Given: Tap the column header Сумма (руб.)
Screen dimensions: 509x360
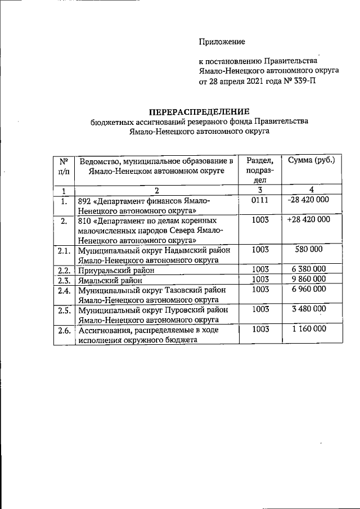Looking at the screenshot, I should (311, 160).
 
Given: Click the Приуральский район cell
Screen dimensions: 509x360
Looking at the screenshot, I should (116, 269).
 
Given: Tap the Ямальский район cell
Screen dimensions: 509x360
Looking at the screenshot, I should (111, 280).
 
